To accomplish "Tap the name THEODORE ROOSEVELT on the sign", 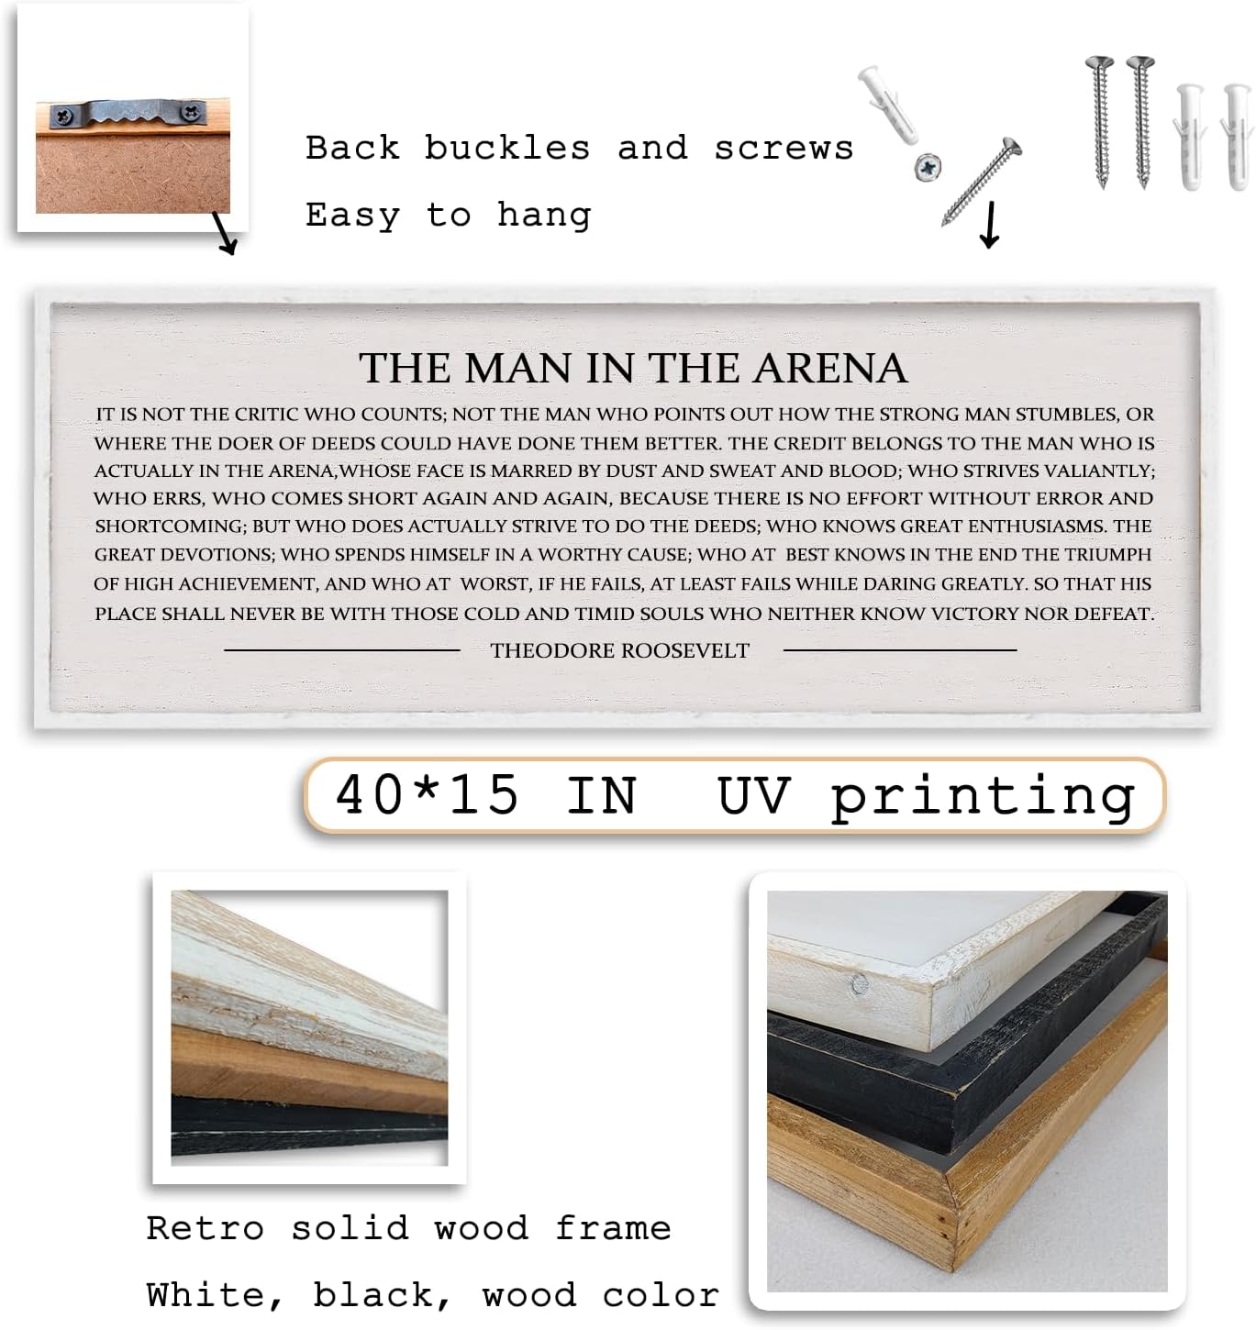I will pyautogui.click(x=619, y=650).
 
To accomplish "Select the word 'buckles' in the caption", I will pyautogui.click(x=506, y=148).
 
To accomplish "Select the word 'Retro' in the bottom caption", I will pyautogui.click(x=205, y=1227).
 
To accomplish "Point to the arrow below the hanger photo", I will pyautogui.click(x=225, y=233).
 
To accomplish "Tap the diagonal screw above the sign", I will pyautogui.click(x=982, y=181).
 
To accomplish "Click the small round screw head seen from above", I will pyautogui.click(x=928, y=167).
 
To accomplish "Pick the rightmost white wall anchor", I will pyautogui.click(x=1235, y=133).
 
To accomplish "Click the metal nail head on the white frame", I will pyautogui.click(x=859, y=986).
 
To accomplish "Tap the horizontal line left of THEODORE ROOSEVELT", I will pyautogui.click(x=341, y=650).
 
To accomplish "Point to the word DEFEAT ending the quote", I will pyautogui.click(x=1113, y=614).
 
